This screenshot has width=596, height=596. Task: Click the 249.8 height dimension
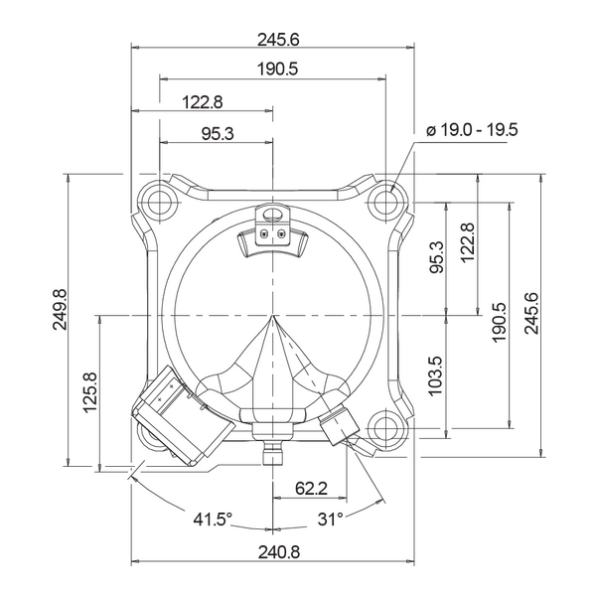coord(60,309)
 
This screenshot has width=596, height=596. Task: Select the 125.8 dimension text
coord(91,392)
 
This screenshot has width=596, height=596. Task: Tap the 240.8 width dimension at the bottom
coord(279,552)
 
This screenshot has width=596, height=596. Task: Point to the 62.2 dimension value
coord(311,489)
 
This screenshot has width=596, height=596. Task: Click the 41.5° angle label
coord(213,519)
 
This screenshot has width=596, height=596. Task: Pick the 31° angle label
coord(331,519)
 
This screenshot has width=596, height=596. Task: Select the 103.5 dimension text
coord(436,375)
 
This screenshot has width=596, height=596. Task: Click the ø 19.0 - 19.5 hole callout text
coord(473,130)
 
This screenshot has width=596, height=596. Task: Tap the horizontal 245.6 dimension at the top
coord(278,40)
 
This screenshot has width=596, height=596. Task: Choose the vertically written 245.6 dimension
coord(531,313)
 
